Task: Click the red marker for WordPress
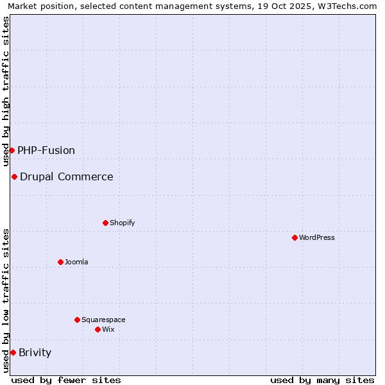[295, 237]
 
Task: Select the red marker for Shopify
[105, 223]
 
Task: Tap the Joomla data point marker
[60, 262]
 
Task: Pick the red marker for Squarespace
[77, 320]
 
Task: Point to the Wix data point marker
[98, 329]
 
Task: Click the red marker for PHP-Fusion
[12, 150]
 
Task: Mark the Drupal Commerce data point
[14, 176]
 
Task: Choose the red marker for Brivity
[13, 352]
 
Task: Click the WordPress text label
[317, 237]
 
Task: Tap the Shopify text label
[123, 223]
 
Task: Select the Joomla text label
[76, 262]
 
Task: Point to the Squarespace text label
[103, 320]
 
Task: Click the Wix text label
[108, 329]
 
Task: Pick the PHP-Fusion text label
[46, 150]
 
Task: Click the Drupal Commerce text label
[67, 176]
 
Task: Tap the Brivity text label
[35, 352]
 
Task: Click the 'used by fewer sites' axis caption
[66, 380]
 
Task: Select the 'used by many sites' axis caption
[322, 380]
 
